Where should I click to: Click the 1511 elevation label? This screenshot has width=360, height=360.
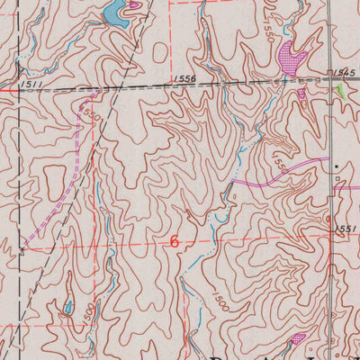(x=27, y=84)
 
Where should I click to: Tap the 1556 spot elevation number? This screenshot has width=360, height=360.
(x=184, y=80)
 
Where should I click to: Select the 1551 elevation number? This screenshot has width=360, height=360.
(x=348, y=229)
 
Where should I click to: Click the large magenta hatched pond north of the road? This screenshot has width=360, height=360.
(x=290, y=58)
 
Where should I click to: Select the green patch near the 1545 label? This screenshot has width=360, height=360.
(x=341, y=91)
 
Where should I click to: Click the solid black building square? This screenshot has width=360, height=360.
(x=337, y=167)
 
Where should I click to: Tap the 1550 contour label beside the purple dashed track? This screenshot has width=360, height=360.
(x=87, y=114)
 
